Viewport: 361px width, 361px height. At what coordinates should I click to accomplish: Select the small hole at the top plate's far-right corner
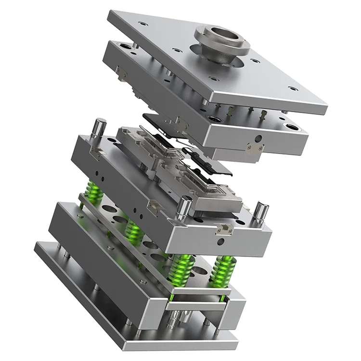pyautogui.click(x=292, y=89)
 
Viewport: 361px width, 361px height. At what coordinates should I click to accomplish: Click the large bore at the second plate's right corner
pyautogui.click(x=290, y=127)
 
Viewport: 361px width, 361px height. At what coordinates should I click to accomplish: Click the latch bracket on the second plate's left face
pyautogui.click(x=121, y=73)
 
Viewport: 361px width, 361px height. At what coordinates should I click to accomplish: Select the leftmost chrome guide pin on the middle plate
pyautogui.click(x=99, y=129)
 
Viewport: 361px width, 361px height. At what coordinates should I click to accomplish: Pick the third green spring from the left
pyautogui.click(x=182, y=270)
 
